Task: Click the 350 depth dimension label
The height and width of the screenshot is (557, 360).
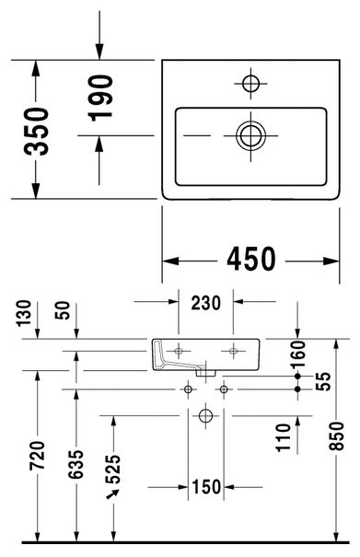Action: (37, 132)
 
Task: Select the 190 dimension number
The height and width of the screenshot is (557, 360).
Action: (100, 98)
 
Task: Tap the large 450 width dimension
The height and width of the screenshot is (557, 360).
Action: (251, 259)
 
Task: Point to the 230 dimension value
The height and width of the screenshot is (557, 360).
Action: (205, 303)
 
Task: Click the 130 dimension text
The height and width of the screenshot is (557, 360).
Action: (24, 313)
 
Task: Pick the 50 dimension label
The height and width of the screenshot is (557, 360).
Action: (63, 310)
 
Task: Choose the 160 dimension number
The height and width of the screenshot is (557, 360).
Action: (297, 354)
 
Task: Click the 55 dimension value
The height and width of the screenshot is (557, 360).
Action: (323, 381)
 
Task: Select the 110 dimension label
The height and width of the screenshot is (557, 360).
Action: (284, 437)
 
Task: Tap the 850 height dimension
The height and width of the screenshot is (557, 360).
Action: (336, 436)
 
